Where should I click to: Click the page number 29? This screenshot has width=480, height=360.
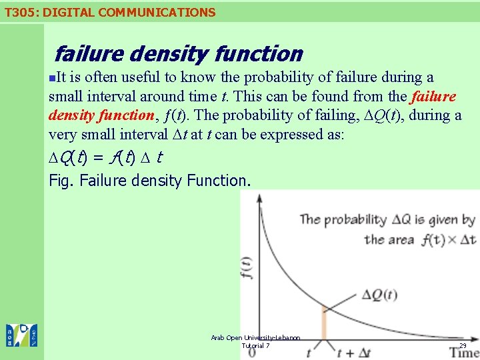(463, 345)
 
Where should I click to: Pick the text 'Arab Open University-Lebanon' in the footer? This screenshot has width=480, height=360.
(255, 338)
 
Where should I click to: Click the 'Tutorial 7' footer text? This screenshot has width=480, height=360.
(255, 345)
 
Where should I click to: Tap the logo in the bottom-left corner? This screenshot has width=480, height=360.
(21, 335)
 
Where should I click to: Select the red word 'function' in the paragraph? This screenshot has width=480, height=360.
(126, 115)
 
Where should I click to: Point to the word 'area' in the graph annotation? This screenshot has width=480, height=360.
(403, 239)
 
